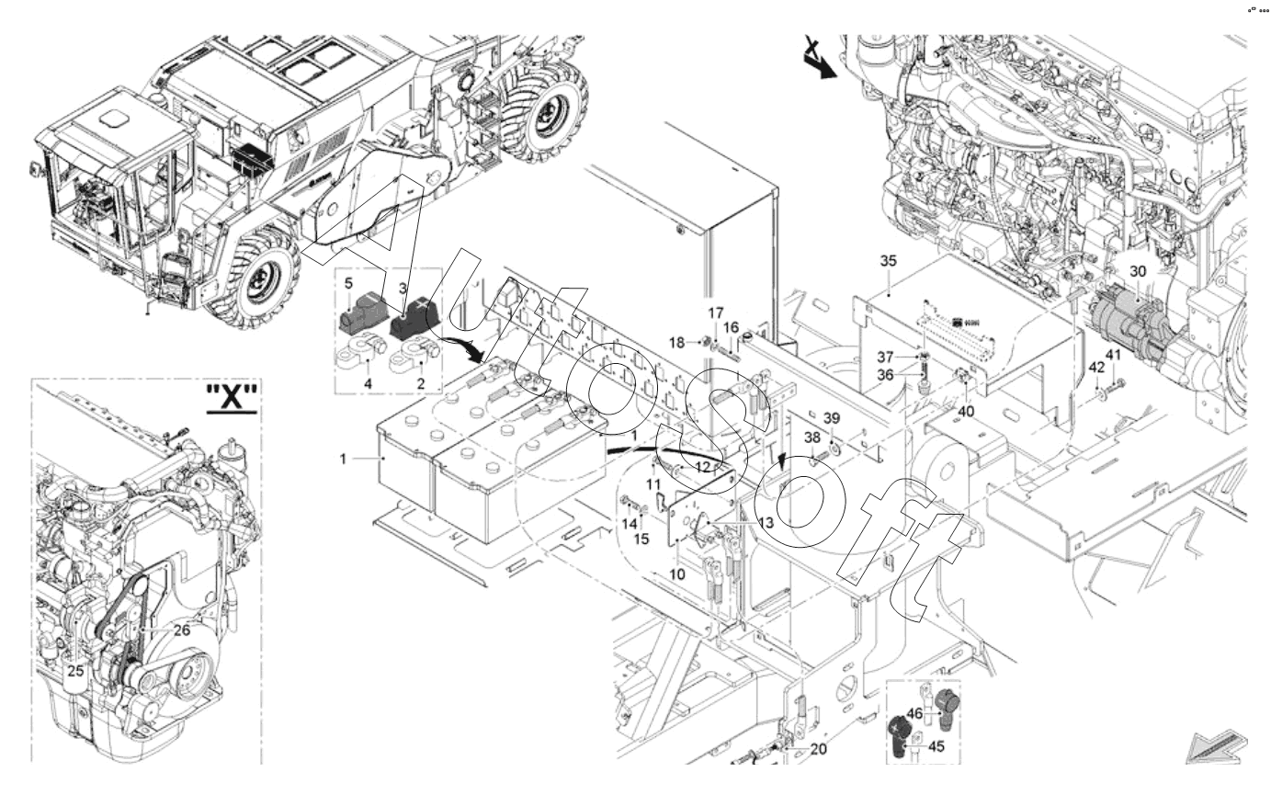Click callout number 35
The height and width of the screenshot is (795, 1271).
point(888,261)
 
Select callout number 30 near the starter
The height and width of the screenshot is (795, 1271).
point(1138,272)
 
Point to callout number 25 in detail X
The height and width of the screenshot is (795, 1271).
point(75,671)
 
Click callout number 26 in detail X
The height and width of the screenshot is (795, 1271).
point(181,630)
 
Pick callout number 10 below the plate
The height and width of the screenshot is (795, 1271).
point(677,574)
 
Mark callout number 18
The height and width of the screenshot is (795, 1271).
point(675,342)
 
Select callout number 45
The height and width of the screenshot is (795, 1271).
point(936,747)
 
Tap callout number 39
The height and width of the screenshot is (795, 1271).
point(831,418)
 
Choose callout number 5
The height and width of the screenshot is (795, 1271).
point(348,284)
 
